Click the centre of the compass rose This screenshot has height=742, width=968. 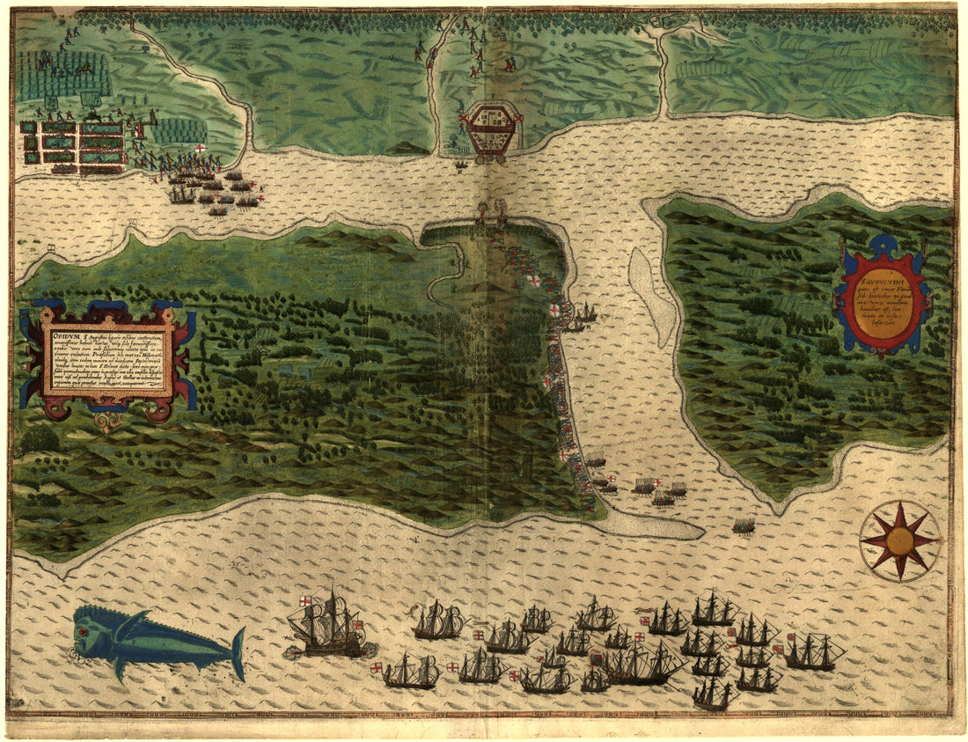pyautogui.click(x=899, y=540)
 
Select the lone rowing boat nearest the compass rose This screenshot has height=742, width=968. pyautogui.click(x=744, y=526)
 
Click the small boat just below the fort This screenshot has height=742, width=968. pyautogui.click(x=461, y=165)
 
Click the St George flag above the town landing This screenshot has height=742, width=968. pyautogui.click(x=201, y=148)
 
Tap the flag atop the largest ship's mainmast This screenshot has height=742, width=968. pyautogui.click(x=304, y=600)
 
